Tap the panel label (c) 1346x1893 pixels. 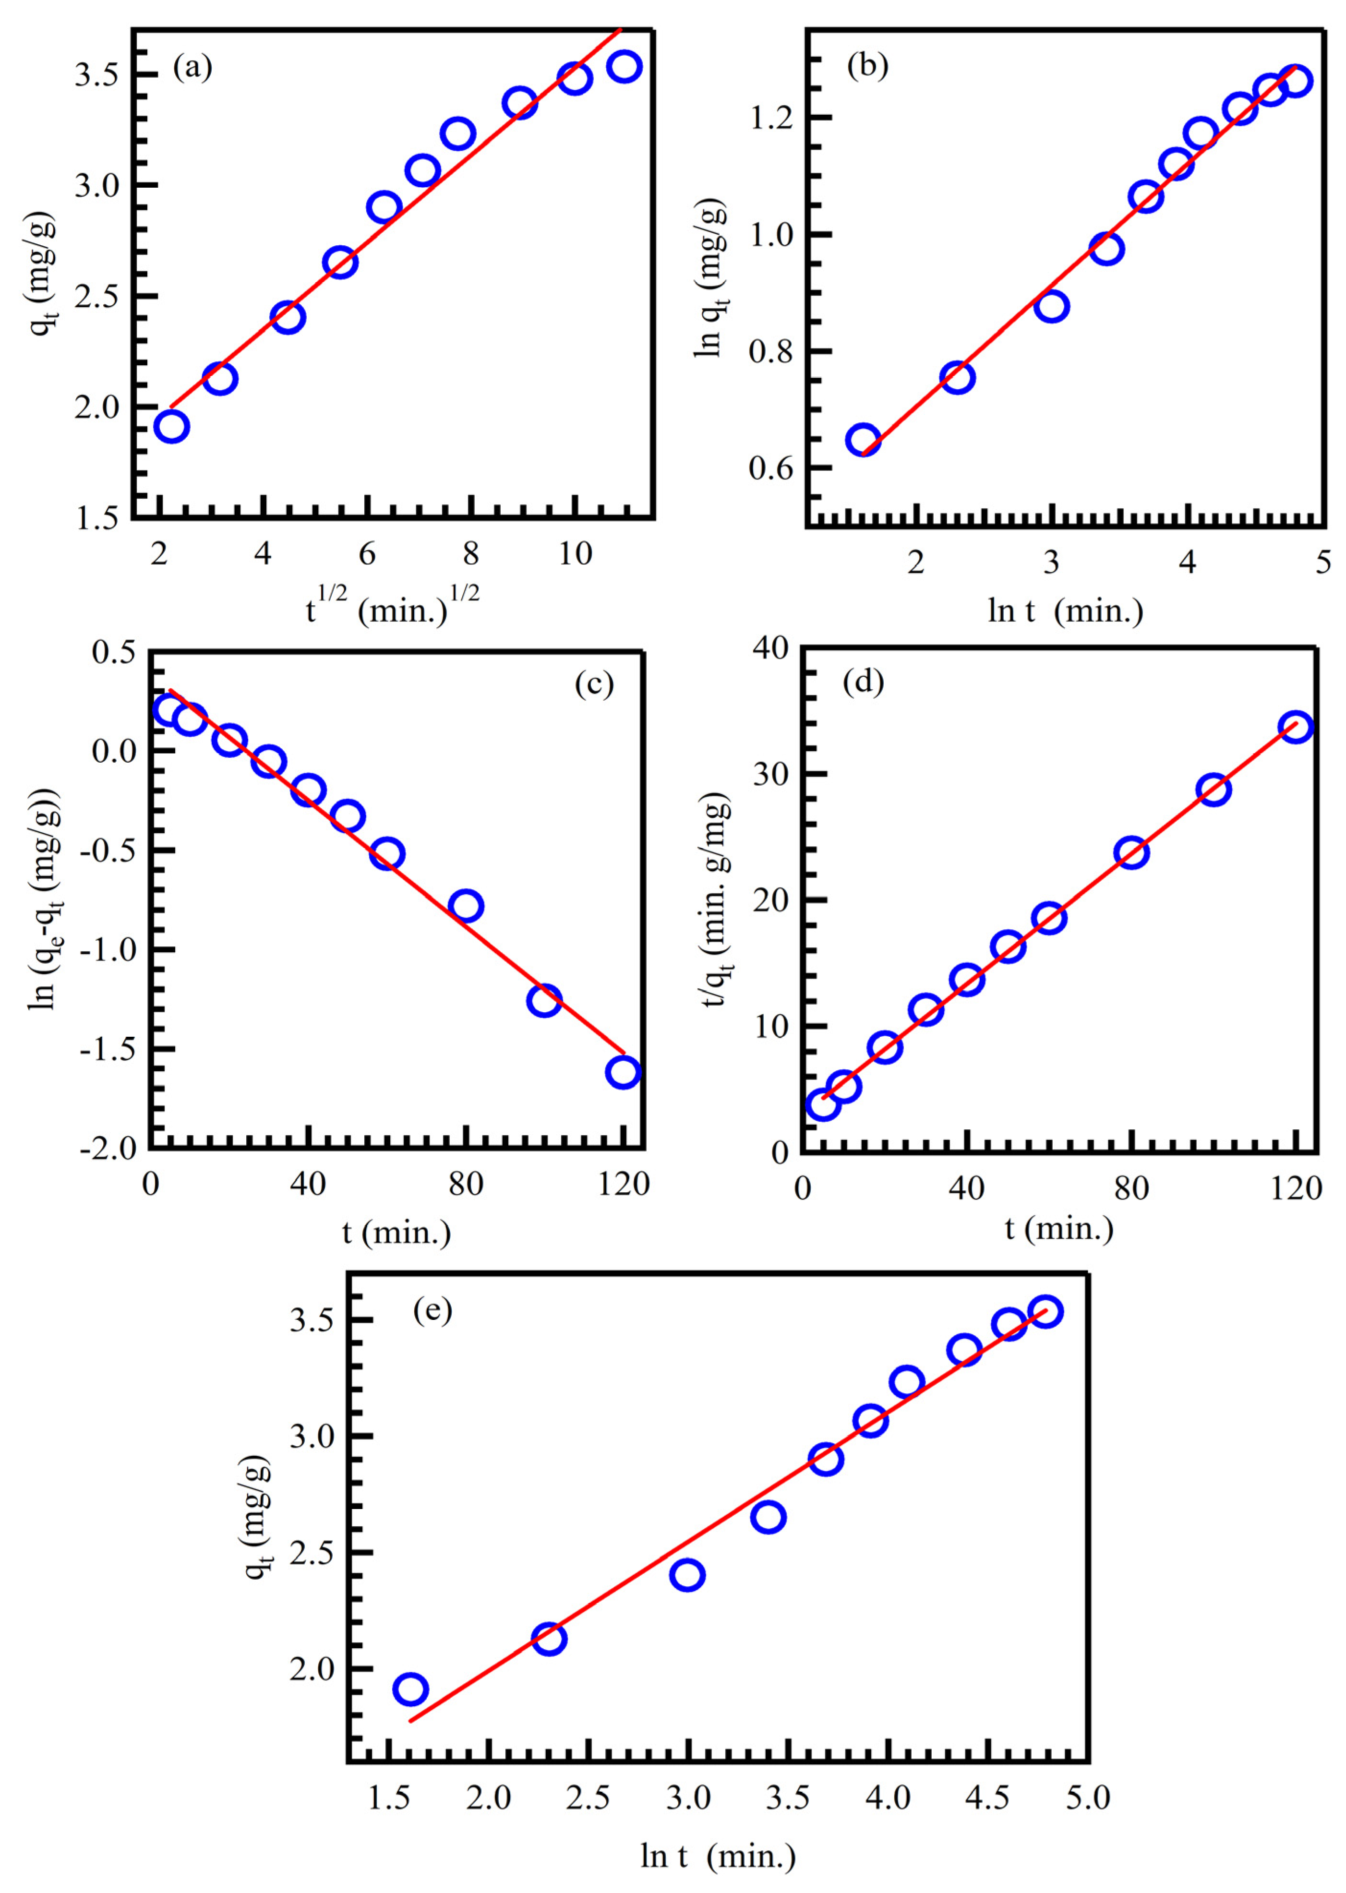click(593, 684)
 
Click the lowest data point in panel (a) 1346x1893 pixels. click(171, 427)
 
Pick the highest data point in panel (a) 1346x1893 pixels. click(624, 66)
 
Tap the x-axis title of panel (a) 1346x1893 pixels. click(393, 611)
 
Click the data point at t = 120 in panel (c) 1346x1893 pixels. click(623, 1072)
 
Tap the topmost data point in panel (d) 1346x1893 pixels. click(1295, 727)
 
